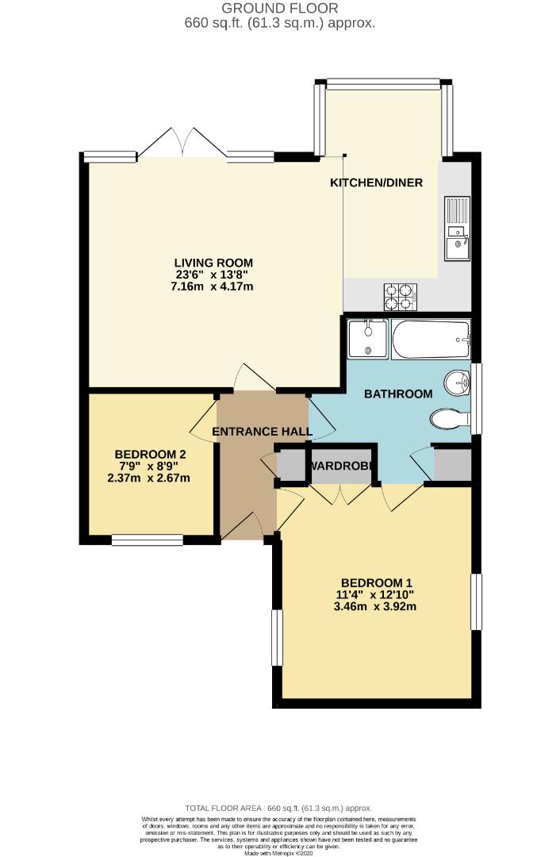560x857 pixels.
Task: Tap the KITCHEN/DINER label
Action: tap(376, 183)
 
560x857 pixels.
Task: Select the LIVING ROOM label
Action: tap(213, 263)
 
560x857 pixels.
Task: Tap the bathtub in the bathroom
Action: tap(431, 339)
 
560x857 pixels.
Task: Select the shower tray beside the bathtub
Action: tap(367, 339)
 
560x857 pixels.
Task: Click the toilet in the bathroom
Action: tap(447, 418)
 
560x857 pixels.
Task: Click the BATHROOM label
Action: tap(398, 394)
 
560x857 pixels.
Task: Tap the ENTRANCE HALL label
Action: tap(262, 432)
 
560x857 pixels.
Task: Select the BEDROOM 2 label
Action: tap(150, 455)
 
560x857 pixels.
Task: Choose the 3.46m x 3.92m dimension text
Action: tap(377, 607)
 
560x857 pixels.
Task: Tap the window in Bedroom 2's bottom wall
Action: tap(148, 540)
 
